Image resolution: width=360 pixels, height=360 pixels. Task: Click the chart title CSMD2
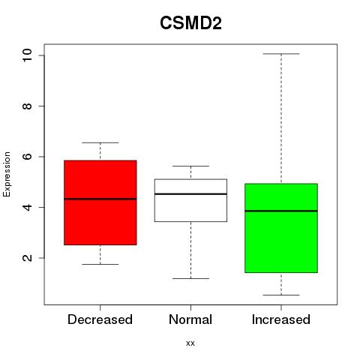point(190,23)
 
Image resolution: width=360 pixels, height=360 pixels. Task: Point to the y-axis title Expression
point(7,175)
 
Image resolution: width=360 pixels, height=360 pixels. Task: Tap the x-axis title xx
point(190,343)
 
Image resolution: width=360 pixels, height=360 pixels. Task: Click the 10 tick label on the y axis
point(27,55)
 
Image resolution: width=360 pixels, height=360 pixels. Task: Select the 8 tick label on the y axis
point(27,106)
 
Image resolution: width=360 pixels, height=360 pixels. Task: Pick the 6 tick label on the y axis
point(27,157)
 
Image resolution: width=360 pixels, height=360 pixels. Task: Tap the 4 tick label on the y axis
point(27,207)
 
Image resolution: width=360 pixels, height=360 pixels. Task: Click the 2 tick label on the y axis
point(27,258)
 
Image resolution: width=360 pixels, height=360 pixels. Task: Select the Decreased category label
point(100,319)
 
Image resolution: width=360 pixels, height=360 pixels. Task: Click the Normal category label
point(190,319)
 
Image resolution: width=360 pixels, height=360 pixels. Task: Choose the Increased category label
point(281,319)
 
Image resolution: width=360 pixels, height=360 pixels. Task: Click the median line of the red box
point(100,199)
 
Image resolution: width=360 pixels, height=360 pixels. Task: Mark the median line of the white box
point(190,194)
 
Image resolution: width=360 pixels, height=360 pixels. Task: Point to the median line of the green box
point(281,211)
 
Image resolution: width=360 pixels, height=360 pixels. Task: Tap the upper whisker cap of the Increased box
point(281,54)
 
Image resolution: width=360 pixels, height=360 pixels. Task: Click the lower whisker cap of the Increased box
point(281,295)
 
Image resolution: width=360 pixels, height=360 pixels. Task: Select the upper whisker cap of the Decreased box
point(100,142)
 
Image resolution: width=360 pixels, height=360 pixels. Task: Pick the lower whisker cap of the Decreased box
point(100,264)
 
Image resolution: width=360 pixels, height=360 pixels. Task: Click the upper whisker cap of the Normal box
point(190,166)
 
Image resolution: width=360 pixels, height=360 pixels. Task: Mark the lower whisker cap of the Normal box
point(190,278)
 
